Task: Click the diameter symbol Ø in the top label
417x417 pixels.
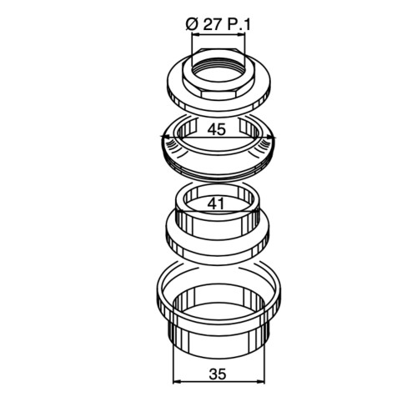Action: click(x=192, y=25)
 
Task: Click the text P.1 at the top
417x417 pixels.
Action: click(x=239, y=25)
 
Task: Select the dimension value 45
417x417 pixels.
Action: click(x=217, y=129)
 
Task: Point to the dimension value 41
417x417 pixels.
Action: click(x=216, y=204)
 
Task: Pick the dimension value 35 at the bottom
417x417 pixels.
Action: click(x=218, y=374)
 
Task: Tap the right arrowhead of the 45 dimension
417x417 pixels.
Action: click(x=270, y=137)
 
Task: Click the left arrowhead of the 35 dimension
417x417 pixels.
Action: click(x=177, y=383)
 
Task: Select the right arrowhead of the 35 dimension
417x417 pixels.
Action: click(x=260, y=383)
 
